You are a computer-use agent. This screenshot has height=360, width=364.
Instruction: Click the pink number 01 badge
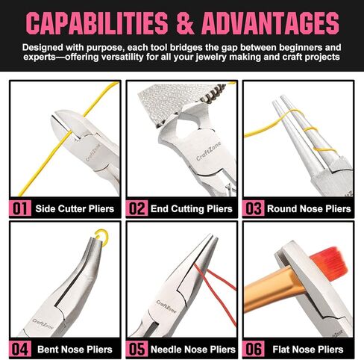pyautogui.click(x=20, y=208)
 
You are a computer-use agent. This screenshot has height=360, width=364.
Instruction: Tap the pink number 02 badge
pyautogui.click(x=136, y=208)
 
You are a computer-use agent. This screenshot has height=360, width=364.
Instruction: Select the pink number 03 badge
pyautogui.click(x=254, y=208)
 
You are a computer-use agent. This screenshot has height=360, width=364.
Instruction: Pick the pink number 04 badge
pyautogui.click(x=20, y=349)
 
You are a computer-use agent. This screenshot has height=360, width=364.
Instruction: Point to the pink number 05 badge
pyautogui.click(x=136, y=349)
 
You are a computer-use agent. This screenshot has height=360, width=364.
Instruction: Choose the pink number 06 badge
pyautogui.click(x=254, y=349)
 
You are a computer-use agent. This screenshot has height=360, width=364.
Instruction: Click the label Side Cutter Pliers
pyautogui.click(x=75, y=208)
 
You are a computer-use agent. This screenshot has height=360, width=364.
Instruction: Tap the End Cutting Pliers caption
pyautogui.click(x=192, y=208)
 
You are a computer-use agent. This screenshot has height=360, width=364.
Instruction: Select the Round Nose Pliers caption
pyautogui.click(x=309, y=208)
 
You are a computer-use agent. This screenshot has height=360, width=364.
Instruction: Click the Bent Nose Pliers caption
pyautogui.click(x=75, y=350)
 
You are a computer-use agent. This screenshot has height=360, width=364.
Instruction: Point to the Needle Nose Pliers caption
pyautogui.click(x=193, y=350)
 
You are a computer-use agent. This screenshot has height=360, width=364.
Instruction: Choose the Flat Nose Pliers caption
pyautogui.click(x=308, y=350)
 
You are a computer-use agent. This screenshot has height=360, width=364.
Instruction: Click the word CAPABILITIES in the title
pyautogui.click(x=97, y=23)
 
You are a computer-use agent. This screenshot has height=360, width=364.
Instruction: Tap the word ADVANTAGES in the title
pyautogui.click(x=270, y=23)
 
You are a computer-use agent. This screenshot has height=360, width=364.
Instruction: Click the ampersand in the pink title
pyautogui.click(x=185, y=23)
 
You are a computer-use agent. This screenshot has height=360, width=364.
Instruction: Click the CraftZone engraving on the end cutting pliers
pyautogui.click(x=208, y=152)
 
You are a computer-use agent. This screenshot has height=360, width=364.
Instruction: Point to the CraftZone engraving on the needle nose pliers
pyautogui.click(x=166, y=306)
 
